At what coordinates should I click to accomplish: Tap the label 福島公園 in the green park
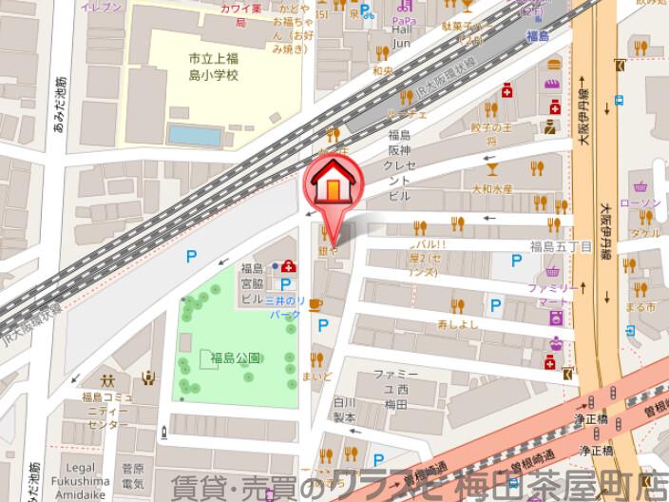tap(236, 357)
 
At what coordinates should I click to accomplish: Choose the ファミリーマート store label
tap(557, 294)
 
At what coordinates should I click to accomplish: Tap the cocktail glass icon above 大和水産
tap(492, 170)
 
